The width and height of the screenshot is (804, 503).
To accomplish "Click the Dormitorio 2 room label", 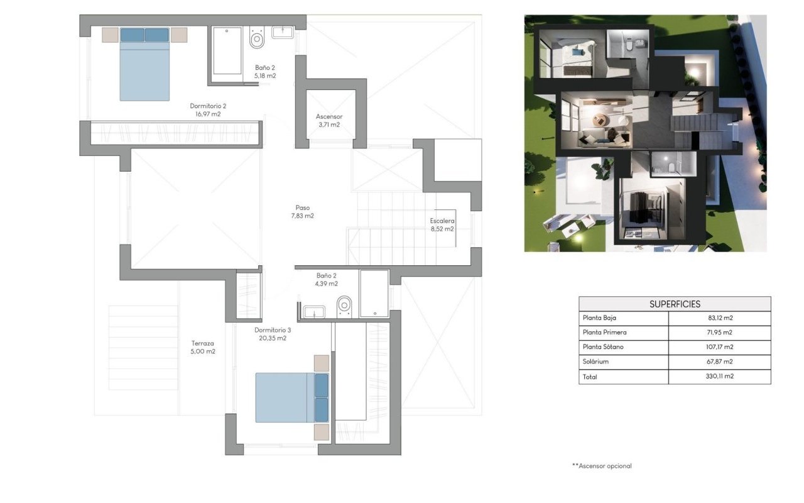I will click(x=208, y=110).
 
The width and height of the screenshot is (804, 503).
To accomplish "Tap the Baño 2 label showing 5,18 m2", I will click(x=265, y=71).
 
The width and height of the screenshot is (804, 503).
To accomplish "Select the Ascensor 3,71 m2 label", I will click(x=329, y=120).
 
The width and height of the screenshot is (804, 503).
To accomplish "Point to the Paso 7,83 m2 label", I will click(x=303, y=211).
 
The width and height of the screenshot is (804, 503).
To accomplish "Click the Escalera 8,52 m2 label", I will click(x=442, y=224).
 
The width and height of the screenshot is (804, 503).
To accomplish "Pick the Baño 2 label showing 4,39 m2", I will click(x=327, y=279).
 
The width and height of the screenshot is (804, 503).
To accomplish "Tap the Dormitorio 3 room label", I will click(x=273, y=333).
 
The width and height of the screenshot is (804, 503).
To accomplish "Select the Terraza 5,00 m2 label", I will click(x=204, y=347).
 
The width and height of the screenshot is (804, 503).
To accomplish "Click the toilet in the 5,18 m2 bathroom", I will click(x=256, y=38).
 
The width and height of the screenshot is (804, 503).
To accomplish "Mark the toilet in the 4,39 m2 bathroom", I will click(x=344, y=306).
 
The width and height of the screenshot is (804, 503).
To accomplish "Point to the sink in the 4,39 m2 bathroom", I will click(x=313, y=311).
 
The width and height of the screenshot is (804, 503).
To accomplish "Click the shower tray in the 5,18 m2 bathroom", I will click(x=227, y=50).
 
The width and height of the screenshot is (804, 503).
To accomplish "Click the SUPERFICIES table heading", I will click(x=675, y=304).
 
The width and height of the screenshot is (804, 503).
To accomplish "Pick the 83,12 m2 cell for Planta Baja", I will click(x=720, y=318).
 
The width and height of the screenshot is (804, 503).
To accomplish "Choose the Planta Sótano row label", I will click(x=603, y=347).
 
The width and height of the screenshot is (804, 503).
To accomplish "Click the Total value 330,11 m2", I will click(x=720, y=377).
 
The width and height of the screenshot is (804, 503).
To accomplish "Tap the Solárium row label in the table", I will click(x=596, y=362).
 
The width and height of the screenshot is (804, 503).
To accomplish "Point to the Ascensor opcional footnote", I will click(x=601, y=466).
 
